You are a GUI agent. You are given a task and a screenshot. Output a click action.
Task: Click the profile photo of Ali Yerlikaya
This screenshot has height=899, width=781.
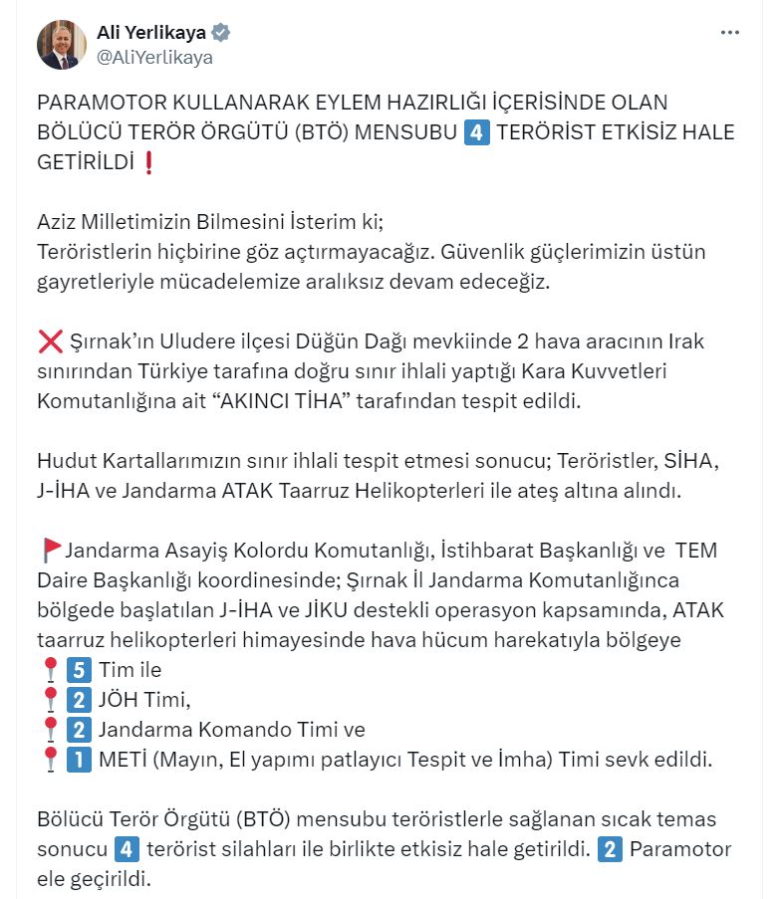pos(62,45)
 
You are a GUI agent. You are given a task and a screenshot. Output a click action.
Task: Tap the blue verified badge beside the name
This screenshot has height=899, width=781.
pos(221,33)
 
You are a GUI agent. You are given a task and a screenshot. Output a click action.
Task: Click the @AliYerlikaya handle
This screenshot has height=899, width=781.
pos(153,58)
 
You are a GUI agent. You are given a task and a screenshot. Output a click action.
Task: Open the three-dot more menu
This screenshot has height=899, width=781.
pos(730,33)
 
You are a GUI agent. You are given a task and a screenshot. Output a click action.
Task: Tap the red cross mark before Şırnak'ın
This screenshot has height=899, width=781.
pos(50,342)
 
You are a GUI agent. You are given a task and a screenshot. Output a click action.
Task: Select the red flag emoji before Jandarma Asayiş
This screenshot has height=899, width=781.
pos(52,550)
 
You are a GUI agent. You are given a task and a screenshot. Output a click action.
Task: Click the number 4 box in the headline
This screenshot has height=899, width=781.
pos(477,132)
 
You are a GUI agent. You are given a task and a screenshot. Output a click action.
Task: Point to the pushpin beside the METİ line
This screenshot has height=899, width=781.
pos(50,761)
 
